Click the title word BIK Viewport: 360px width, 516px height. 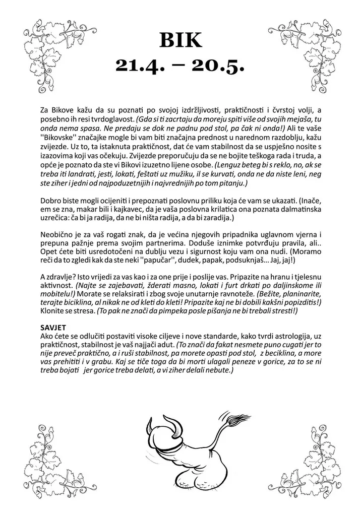coord(179,39)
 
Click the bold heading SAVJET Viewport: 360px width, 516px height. coord(52,328)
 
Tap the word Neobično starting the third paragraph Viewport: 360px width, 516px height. coord(55,235)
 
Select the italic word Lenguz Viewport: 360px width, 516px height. coord(228,165)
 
